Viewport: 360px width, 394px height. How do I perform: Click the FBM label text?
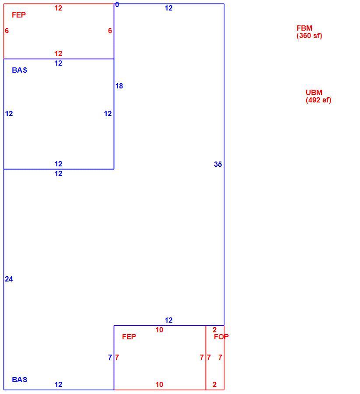[304, 28]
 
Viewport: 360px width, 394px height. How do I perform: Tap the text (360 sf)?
[309, 35]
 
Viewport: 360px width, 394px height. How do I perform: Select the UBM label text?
[314, 92]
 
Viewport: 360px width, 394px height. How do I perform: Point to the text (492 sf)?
[318, 100]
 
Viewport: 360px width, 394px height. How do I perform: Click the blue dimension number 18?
[119, 86]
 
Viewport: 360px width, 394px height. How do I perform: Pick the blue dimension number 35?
[218, 164]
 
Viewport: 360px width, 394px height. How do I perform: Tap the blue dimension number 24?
[9, 279]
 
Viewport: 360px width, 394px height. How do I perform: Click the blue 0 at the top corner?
[117, 4]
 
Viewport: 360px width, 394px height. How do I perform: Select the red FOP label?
[221, 337]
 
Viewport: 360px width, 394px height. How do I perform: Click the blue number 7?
[110, 357]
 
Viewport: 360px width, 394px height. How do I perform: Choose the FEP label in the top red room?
[19, 15]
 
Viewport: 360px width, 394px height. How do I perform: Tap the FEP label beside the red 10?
[129, 337]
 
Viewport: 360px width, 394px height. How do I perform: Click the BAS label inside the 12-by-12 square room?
[20, 70]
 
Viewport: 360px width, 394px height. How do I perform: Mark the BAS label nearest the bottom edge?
[20, 380]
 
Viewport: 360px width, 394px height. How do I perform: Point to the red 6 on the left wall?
[7, 31]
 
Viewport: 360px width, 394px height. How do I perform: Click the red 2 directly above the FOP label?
[214, 330]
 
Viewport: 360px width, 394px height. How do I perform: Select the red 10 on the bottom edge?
[159, 384]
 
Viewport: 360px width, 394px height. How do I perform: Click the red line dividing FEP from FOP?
[206, 358]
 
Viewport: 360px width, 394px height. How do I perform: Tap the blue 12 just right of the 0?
[168, 8]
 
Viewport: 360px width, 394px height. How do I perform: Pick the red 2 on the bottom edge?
[214, 384]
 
